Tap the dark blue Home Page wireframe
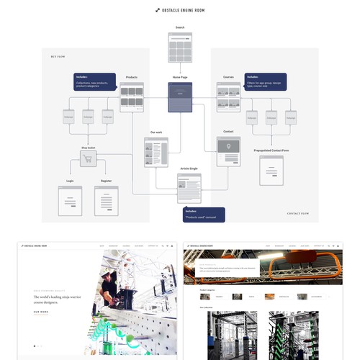tap(180, 97)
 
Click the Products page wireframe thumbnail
tap(132, 96)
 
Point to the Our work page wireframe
tap(156, 152)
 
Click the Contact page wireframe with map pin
tap(228, 150)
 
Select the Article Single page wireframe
tap(189, 189)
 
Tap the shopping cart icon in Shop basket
tap(89, 161)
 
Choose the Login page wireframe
tap(70, 201)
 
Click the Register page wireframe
tap(106, 201)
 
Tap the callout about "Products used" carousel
tap(204, 214)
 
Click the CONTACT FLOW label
tap(298, 214)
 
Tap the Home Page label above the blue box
tap(180, 77)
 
